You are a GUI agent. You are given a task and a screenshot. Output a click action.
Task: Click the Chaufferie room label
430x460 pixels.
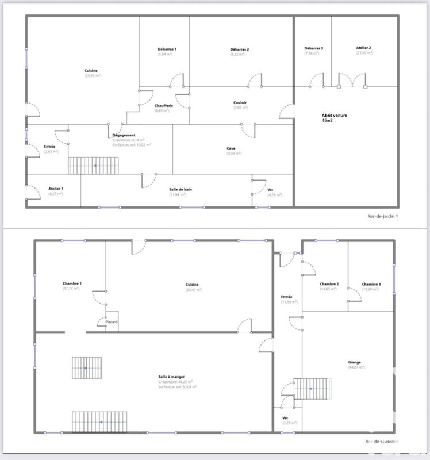pos(162,105)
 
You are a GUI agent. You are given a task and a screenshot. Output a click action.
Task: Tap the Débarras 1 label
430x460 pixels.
pos(167,49)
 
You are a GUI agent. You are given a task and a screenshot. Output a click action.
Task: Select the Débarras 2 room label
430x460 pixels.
pos(239,49)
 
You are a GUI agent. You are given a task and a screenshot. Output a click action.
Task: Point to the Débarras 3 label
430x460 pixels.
pos(313,48)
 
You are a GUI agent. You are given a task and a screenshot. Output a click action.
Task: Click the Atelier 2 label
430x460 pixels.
pos(363,48)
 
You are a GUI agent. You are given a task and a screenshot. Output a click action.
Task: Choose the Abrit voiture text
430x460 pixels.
pos(334,115)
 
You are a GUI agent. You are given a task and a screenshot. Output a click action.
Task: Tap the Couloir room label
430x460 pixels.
pos(240,103)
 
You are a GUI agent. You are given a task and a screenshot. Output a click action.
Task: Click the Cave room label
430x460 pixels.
pos(231,148)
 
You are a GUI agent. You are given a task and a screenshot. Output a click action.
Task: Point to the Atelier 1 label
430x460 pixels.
pos(56,189)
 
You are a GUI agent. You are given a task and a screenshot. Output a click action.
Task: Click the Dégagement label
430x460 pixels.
pos(124,135)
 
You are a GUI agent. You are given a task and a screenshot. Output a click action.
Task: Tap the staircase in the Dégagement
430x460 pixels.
pos(94,166)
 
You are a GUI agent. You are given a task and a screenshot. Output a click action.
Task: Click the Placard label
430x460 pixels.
pos(112,322)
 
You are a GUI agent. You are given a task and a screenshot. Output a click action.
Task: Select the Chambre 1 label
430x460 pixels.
pos(72,283)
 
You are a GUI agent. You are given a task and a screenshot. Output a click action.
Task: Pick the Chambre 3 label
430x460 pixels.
pos(371,284)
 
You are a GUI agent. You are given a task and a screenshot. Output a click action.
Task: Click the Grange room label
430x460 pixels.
pos(354,362)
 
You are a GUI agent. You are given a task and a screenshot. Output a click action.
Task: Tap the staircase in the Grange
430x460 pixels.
pos(313,388)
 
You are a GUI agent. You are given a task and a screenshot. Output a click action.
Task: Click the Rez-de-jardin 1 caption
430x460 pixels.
pos(382,216)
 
